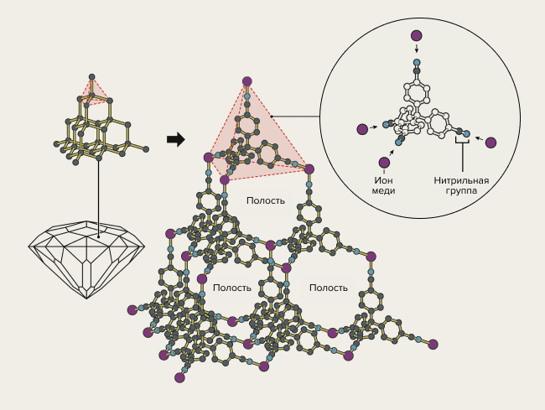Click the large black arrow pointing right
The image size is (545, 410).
(x=175, y=139)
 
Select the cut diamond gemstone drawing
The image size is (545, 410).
(x=87, y=254)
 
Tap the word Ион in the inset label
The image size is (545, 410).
(x=384, y=179)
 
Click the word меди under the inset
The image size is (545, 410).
(x=384, y=190)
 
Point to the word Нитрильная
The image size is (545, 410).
(x=461, y=179)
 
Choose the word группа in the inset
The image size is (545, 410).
(x=461, y=190)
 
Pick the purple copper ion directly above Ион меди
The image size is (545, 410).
(x=384, y=163)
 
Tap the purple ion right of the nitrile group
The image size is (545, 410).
(x=490, y=143)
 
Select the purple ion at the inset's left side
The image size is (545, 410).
(x=362, y=129)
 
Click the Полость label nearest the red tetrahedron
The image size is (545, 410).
(x=266, y=200)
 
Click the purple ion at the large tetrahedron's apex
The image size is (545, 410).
(x=247, y=81)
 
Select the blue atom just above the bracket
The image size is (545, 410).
(x=466, y=133)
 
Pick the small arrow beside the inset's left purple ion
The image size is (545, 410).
(x=375, y=127)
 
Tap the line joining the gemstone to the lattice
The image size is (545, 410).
(x=98, y=193)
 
